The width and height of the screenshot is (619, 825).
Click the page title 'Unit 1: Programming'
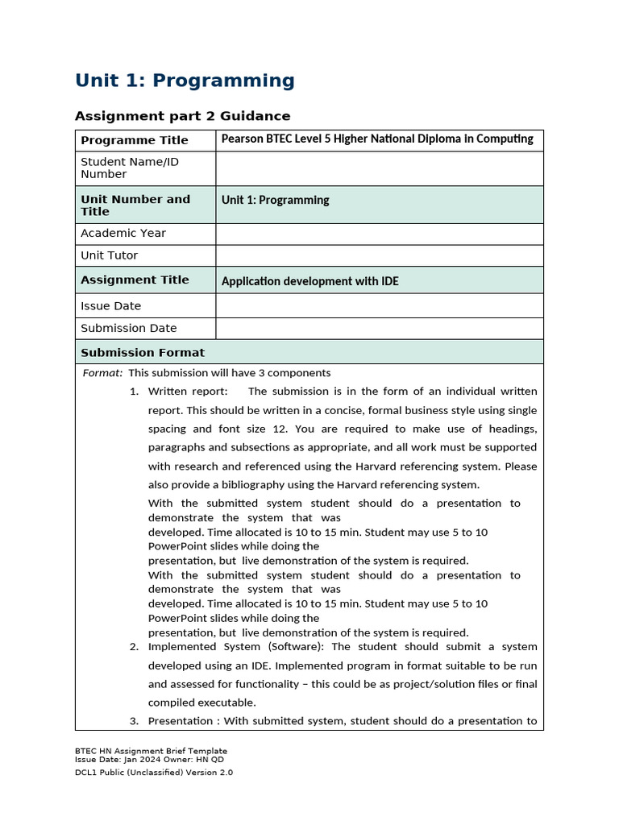point(185,81)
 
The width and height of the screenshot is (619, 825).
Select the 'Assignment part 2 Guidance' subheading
point(182,116)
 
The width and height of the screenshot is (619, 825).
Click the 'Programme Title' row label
point(134,140)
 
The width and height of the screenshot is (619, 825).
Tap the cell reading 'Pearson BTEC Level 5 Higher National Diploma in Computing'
point(377,139)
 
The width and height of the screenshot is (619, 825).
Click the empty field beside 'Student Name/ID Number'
point(379,168)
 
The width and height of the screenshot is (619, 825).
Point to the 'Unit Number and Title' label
point(135,205)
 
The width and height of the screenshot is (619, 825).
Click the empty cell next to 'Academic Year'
point(379,234)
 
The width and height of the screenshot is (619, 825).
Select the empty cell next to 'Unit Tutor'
point(379,255)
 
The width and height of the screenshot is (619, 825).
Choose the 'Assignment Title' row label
point(135,280)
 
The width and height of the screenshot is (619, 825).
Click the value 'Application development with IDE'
point(309,281)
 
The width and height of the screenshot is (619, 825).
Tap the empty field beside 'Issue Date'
point(379,306)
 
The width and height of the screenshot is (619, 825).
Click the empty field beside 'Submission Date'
point(379,329)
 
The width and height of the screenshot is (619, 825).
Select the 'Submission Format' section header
point(143,352)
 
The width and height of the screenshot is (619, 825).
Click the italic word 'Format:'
point(103,373)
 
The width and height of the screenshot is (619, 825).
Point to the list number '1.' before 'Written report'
point(134,392)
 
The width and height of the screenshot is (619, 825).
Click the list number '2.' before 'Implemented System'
point(134,647)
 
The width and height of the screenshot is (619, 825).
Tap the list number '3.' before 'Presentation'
point(134,721)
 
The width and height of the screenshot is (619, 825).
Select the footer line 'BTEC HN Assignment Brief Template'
point(151,751)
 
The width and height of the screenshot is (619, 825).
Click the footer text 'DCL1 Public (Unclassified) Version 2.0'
point(154,772)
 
